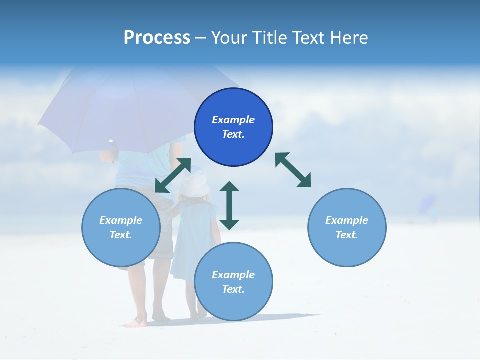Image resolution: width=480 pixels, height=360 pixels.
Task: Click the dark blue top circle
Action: pyautogui.click(x=233, y=127)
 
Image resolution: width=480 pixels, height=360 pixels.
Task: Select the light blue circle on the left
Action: pyautogui.click(x=121, y=227)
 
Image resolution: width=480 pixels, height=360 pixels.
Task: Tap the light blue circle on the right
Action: pyautogui.click(x=347, y=227)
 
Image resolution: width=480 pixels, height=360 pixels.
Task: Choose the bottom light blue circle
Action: pyautogui.click(x=233, y=282)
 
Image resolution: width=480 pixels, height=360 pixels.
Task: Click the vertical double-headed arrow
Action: pyautogui.click(x=229, y=205)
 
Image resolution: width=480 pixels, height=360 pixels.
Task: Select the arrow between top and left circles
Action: pyautogui.click(x=173, y=175)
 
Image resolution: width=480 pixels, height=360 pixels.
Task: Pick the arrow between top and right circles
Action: pyautogui.click(x=293, y=170)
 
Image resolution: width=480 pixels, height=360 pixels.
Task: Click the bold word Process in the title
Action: pyautogui.click(x=157, y=37)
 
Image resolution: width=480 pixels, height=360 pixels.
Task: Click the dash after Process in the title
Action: pyautogui.click(x=201, y=38)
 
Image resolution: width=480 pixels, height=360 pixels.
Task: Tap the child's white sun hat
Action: pyautogui.click(x=193, y=185)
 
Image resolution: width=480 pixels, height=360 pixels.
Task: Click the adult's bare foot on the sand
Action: pyautogui.click(x=135, y=322)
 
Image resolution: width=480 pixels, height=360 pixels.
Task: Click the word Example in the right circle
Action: pyautogui.click(x=347, y=220)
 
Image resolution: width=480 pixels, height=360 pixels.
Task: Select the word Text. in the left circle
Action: pyautogui.click(x=121, y=235)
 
